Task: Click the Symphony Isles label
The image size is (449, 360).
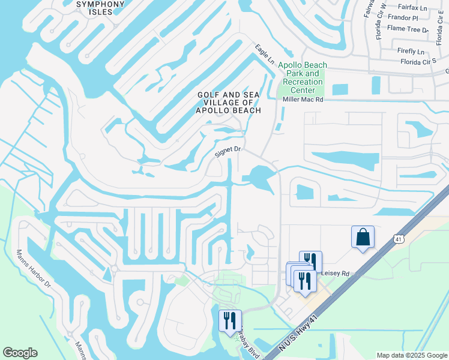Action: [101, 8]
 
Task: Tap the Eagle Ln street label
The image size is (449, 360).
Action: [264, 54]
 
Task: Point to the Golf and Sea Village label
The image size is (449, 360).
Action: [230, 103]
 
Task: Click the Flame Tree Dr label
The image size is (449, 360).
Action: [408, 29]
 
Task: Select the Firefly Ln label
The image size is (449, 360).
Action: [411, 51]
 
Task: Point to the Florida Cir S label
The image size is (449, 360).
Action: [418, 61]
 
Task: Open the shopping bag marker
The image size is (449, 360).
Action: [363, 236]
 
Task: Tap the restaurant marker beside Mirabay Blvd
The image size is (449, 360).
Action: [231, 320]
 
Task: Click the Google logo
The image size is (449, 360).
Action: [20, 353]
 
